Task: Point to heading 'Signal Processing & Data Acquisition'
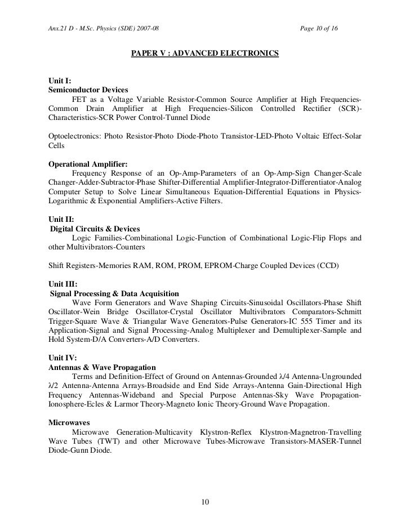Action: click(x=114, y=294)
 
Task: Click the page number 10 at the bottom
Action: click(x=205, y=502)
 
